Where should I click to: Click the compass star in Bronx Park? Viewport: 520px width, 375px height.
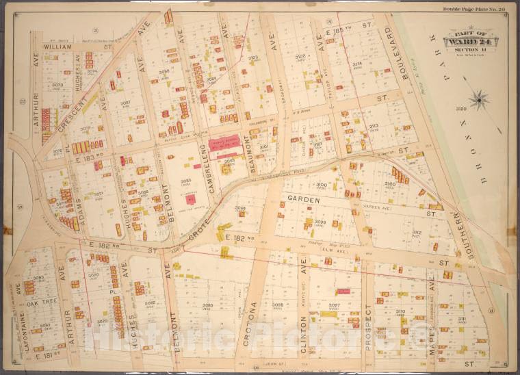[479, 100]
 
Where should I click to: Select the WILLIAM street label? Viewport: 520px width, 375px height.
[59, 48]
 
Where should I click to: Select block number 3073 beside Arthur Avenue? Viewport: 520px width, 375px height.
[57, 86]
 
